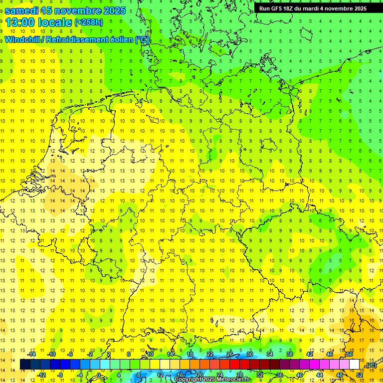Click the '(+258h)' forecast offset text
point(89,22)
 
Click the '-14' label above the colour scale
point(31,354)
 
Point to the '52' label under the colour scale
point(360,375)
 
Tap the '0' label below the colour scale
point(98,375)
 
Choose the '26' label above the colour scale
point(230,354)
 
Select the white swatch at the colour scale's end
point(355,365)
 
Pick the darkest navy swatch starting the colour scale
point(25,365)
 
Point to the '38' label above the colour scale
point(289,354)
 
